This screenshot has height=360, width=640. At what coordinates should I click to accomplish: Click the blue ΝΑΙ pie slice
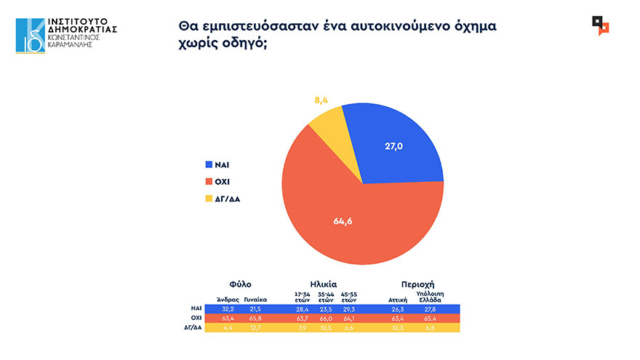point(396,145)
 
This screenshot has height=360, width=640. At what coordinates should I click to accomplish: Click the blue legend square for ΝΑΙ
point(209,165)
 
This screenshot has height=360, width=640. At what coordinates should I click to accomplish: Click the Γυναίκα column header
point(255,299)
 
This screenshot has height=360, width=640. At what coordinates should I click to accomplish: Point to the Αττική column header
point(396,299)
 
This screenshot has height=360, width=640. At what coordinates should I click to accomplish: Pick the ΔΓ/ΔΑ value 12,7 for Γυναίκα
point(255,327)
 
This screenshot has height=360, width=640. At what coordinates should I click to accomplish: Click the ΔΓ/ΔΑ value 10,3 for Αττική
point(397,327)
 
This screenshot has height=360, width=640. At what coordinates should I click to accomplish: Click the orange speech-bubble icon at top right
point(601,26)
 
